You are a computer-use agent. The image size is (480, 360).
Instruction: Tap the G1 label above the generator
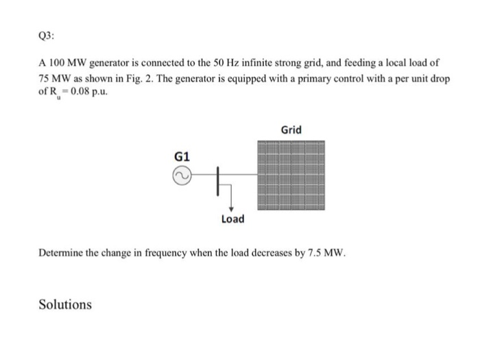coord(181,156)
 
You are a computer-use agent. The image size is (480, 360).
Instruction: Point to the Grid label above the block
coord(291,130)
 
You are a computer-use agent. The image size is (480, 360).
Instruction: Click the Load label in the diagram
coord(232,219)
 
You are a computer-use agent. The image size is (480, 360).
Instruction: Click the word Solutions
coord(64,304)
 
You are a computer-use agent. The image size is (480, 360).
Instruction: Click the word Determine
coord(62,254)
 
